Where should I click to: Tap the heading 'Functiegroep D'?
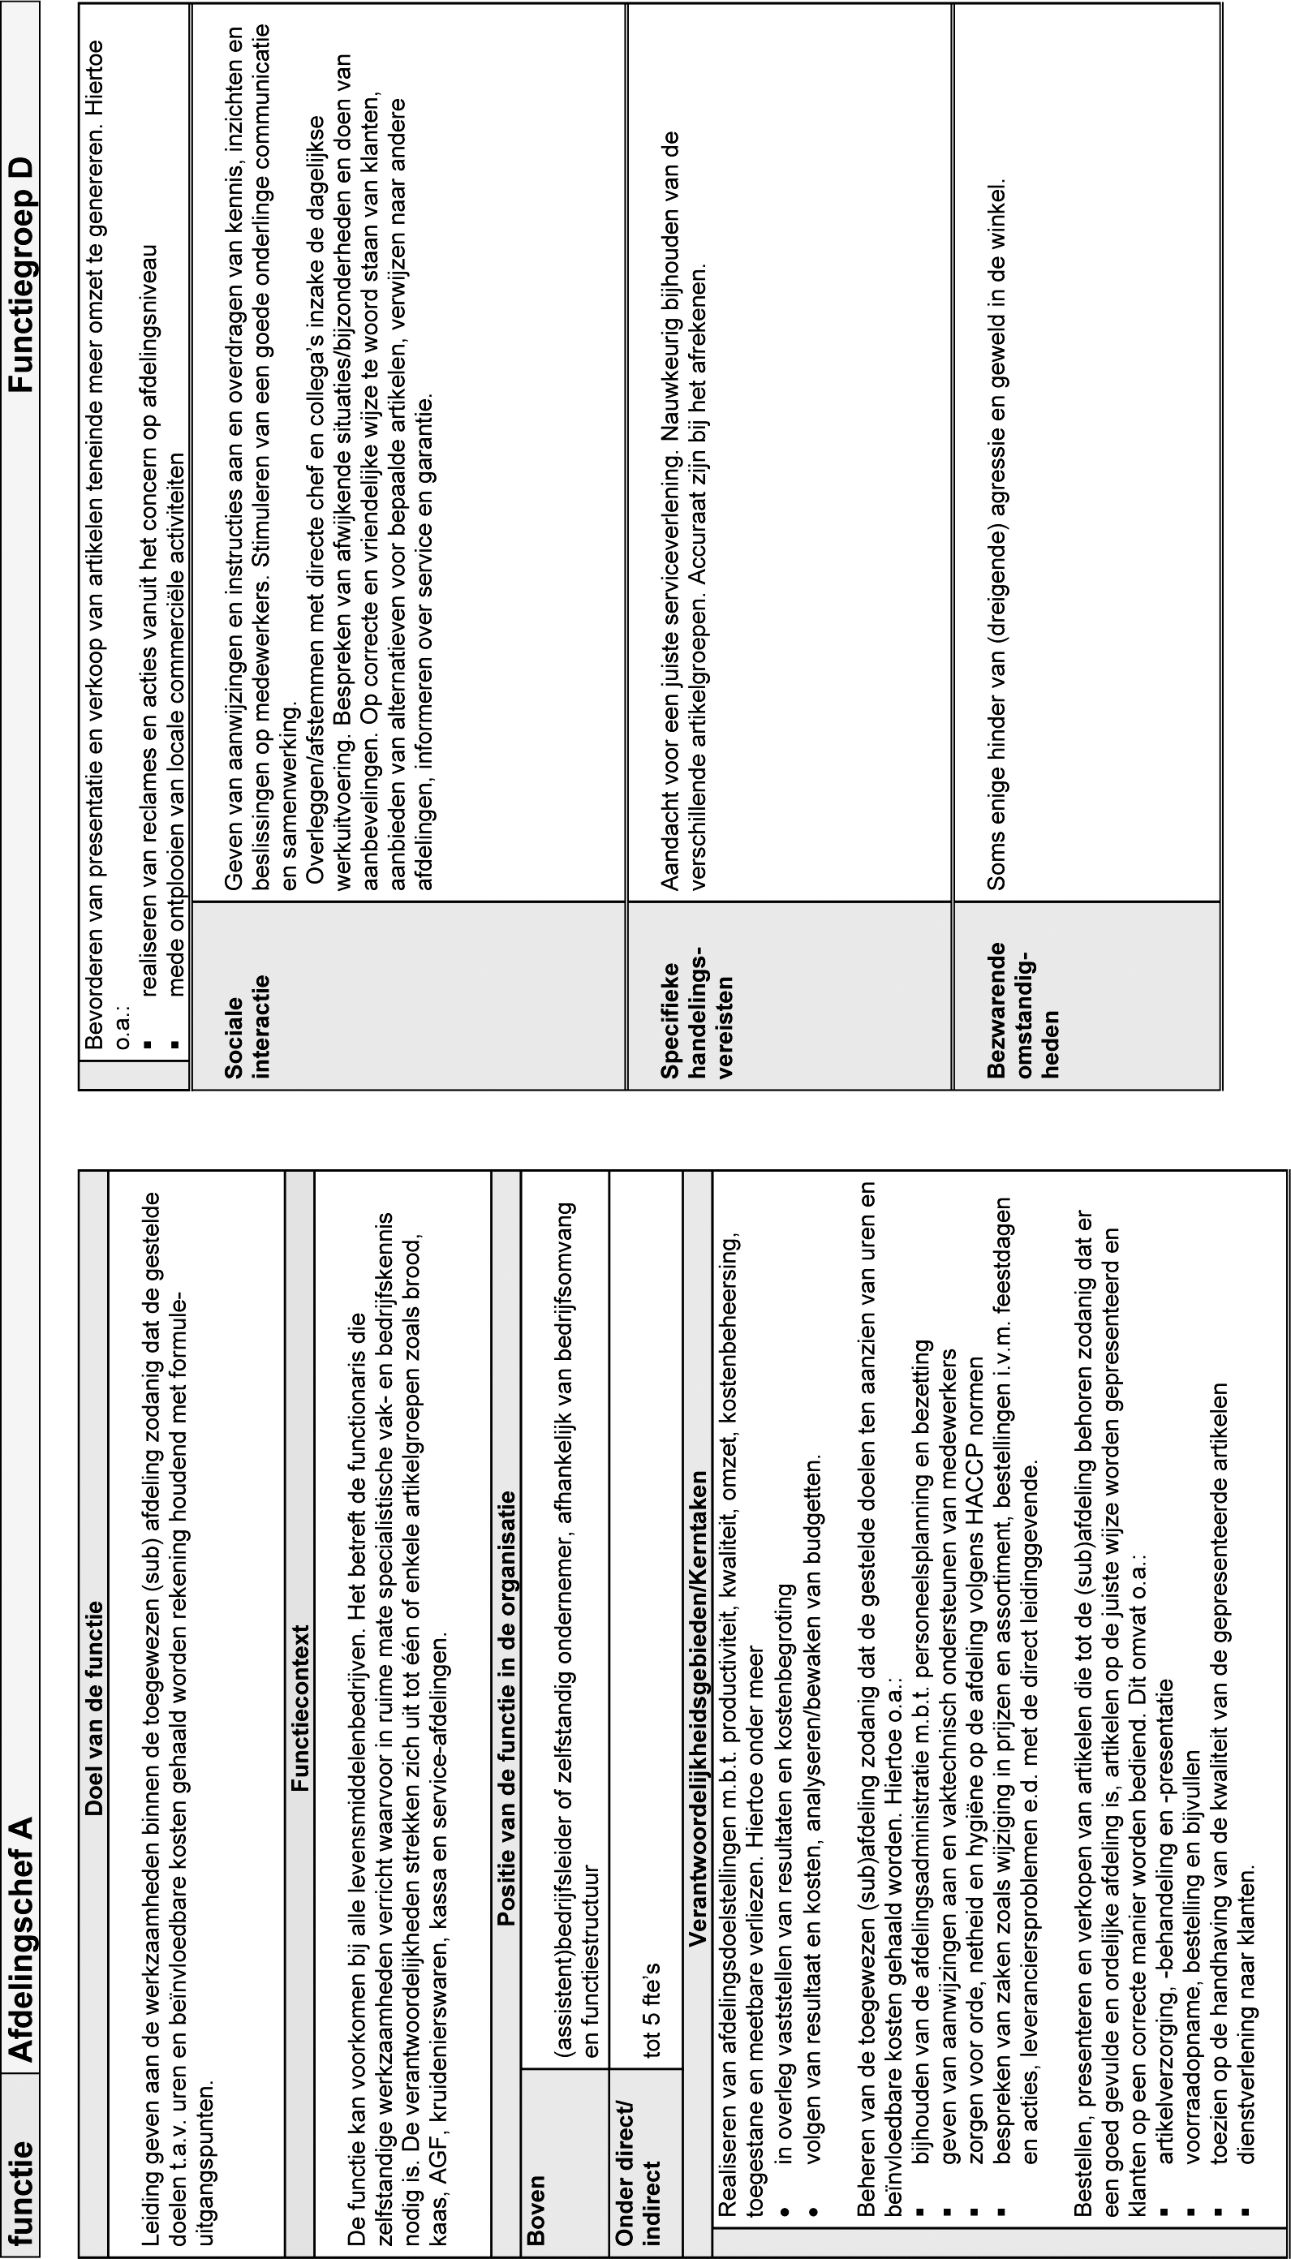pyautogui.click(x=21, y=276)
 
